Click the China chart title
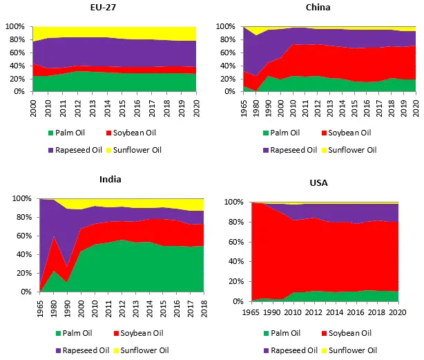click(x=318, y=8)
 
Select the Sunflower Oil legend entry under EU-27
click(x=159, y=150)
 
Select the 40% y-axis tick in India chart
click(x=15, y=254)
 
